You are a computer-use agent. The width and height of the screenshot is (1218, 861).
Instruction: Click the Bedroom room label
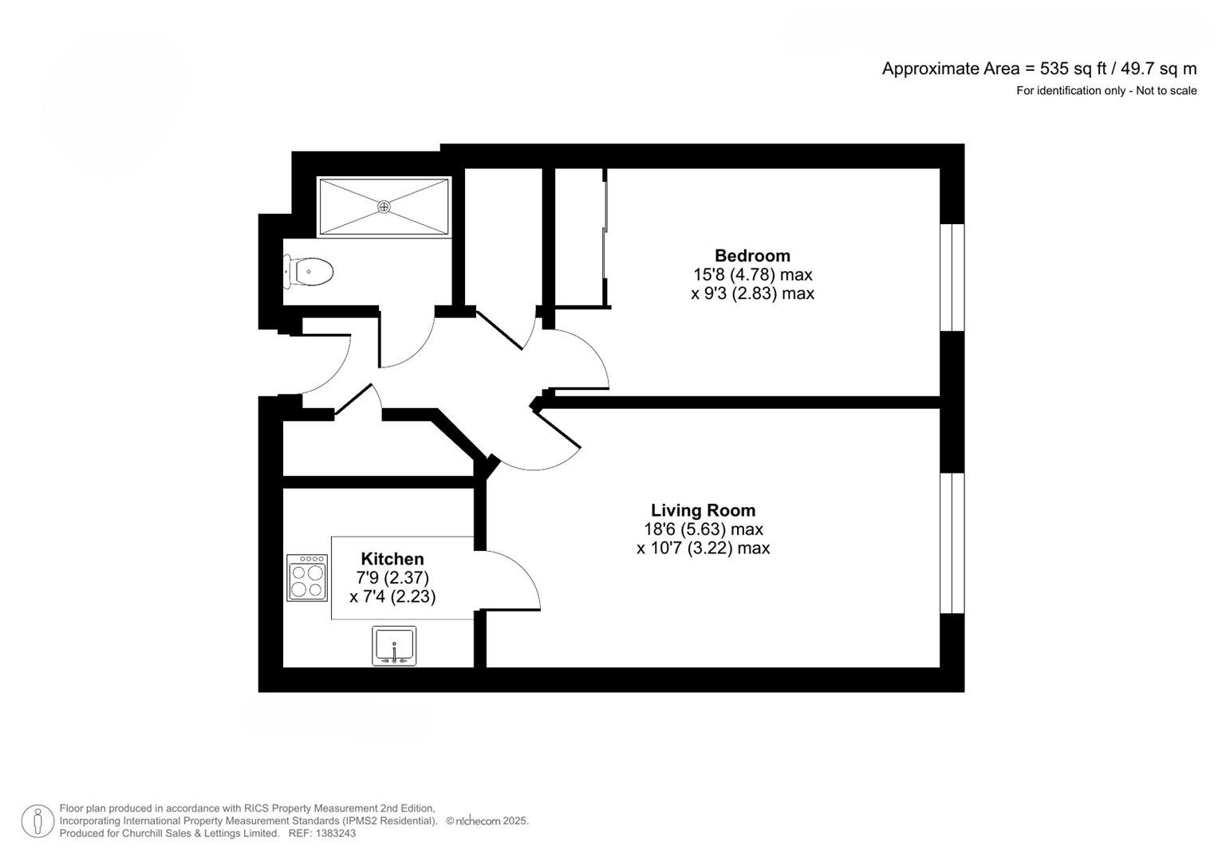752,255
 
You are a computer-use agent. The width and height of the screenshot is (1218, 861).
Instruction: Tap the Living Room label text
703,510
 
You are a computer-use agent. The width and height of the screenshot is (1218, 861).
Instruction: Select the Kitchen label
392,559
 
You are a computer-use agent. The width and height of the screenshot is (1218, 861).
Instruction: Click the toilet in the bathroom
309,271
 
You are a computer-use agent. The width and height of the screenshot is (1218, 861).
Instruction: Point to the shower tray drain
384,206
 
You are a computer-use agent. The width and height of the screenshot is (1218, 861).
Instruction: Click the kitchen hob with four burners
307,578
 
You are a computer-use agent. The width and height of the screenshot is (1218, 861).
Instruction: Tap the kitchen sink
394,646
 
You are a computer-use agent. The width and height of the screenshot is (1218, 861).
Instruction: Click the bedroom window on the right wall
952,277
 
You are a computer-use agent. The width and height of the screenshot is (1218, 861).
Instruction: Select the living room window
952,543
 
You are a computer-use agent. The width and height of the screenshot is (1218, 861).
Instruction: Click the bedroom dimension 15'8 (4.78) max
752,274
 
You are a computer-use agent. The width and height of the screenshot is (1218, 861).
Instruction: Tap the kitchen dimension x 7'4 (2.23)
392,597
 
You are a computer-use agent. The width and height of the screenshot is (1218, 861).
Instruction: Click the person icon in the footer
37,821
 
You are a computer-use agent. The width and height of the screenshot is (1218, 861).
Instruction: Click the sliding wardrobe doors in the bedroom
604,238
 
